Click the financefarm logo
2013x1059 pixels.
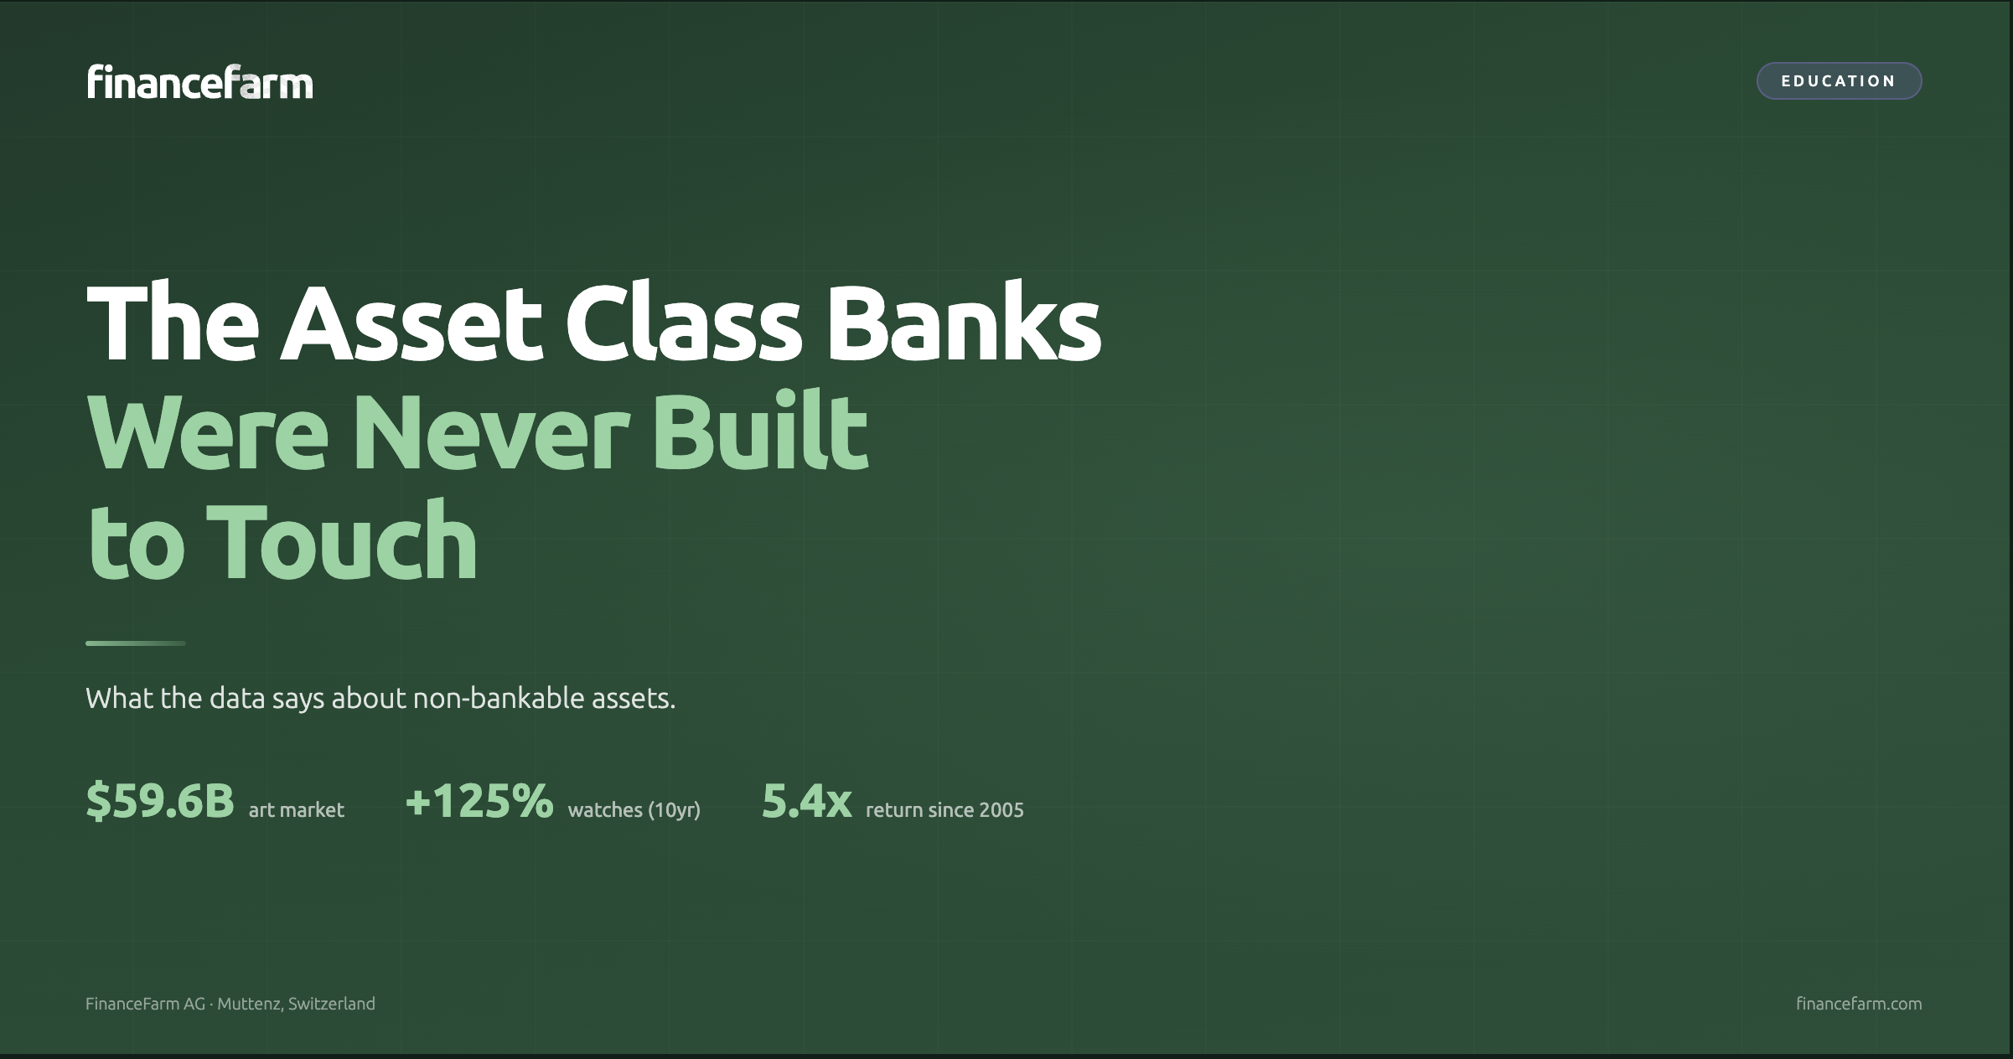199,82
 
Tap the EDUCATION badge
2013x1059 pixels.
1839,81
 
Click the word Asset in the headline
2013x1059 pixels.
411,323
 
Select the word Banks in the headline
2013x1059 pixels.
964,323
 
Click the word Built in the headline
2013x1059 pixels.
759,433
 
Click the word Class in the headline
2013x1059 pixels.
684,323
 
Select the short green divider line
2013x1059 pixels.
136,643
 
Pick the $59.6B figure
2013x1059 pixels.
160,801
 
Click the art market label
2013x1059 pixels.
297,810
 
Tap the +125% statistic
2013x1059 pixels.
479,801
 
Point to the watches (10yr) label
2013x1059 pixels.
634,810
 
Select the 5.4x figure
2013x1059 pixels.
806,801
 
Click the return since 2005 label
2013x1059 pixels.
944,810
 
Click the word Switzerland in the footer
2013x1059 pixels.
331,1004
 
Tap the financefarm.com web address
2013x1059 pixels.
1859,1004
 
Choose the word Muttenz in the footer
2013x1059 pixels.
249,1004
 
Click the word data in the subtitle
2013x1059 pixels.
237,698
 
